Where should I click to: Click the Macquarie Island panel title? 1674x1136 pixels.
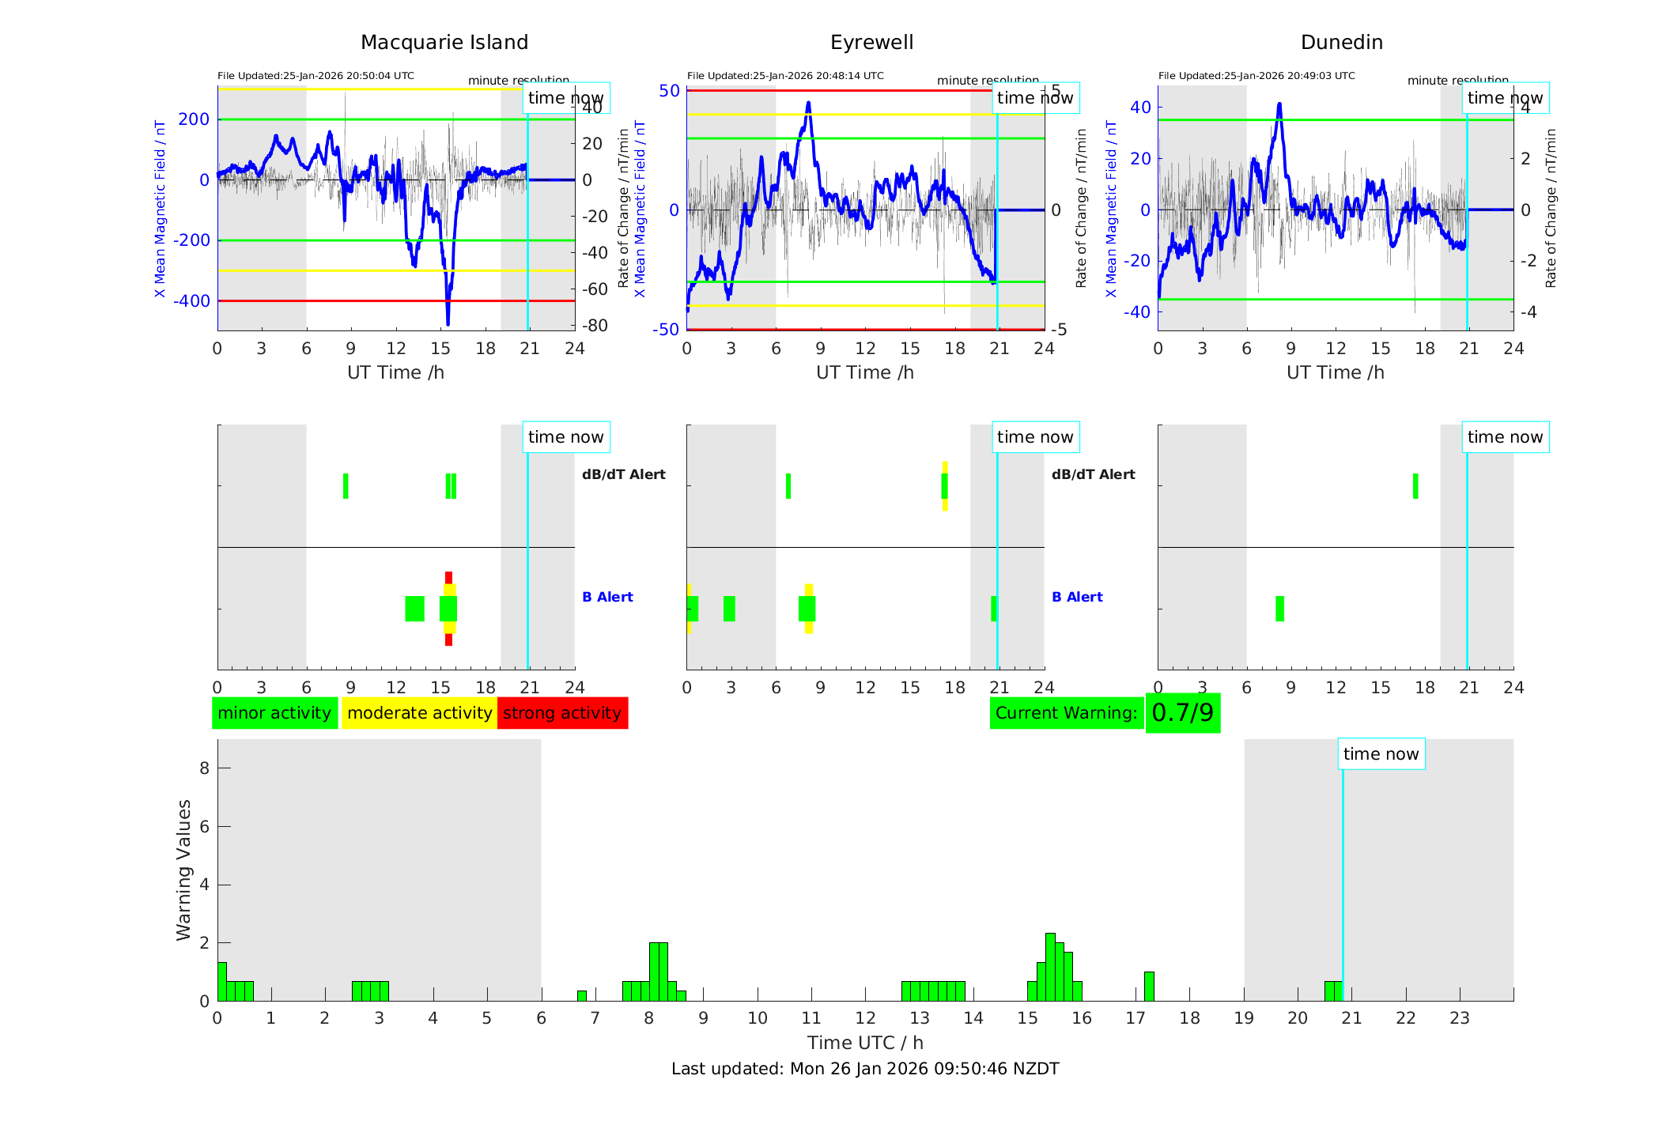coord(444,43)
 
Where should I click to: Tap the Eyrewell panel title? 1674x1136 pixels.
coord(871,43)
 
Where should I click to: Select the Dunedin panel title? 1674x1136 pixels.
coord(1341,43)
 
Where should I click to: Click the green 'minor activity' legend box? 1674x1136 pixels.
coord(274,713)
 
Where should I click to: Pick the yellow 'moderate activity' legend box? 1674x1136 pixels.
coord(419,713)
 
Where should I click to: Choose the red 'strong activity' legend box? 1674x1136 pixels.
coord(562,713)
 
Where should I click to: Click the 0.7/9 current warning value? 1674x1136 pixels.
coord(1182,713)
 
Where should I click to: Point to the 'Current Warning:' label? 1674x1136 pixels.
coord(1066,713)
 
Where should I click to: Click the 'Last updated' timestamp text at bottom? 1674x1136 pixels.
coord(865,1069)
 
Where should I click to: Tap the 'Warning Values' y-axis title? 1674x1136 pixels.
coord(183,870)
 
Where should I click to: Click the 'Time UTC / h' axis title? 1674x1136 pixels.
coord(865,1043)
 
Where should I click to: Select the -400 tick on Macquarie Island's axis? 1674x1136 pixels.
coord(193,301)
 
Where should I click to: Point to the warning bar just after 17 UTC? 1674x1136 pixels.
coord(1149,987)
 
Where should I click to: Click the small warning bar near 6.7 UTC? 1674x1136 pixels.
coord(582,996)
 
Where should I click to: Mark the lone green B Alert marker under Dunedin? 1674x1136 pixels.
coord(1279,609)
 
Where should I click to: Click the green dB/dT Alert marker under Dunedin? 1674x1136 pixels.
coord(1415,486)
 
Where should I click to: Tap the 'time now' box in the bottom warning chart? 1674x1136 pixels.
coord(1381,754)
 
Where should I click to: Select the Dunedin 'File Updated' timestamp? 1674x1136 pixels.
coord(1256,76)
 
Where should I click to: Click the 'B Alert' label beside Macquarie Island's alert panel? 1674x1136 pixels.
coord(607,597)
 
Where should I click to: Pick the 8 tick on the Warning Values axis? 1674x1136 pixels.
coord(204,768)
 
